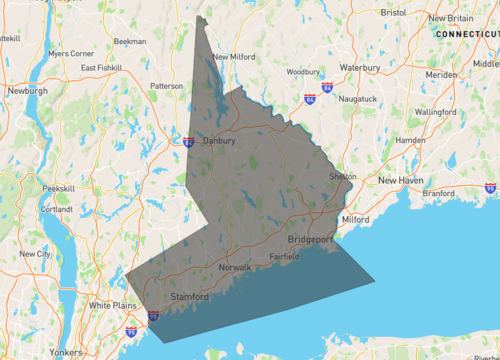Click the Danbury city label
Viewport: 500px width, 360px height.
point(218,141)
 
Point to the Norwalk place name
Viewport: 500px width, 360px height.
point(235,269)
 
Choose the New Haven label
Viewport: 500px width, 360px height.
point(401,180)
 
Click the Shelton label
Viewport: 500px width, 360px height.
point(343,177)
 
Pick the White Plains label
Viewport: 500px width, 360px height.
point(113,305)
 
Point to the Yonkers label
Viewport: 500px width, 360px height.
point(66,353)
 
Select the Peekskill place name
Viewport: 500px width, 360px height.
point(59,188)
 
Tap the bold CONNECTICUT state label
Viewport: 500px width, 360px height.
point(466,34)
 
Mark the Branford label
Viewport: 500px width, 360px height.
point(439,193)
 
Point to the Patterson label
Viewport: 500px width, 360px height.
point(166,86)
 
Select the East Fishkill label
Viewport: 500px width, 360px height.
point(102,68)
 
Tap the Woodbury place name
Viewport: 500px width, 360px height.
point(302,72)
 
